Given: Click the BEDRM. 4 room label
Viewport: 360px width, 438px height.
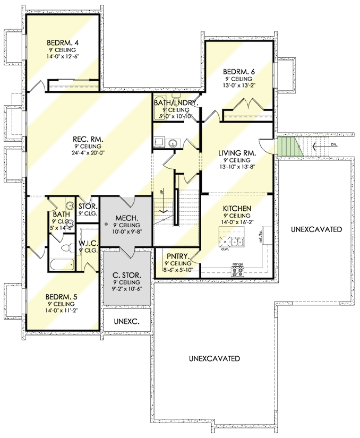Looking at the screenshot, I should coord(63,43).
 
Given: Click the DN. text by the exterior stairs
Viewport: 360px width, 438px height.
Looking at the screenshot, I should coord(321,143).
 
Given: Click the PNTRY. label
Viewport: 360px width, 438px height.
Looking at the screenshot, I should coord(175,256).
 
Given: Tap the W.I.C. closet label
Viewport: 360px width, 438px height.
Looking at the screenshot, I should coord(87,244).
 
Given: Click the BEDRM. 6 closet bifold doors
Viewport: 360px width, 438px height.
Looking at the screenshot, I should coord(248,108).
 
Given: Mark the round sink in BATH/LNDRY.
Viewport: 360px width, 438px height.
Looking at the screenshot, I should coord(173,142).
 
